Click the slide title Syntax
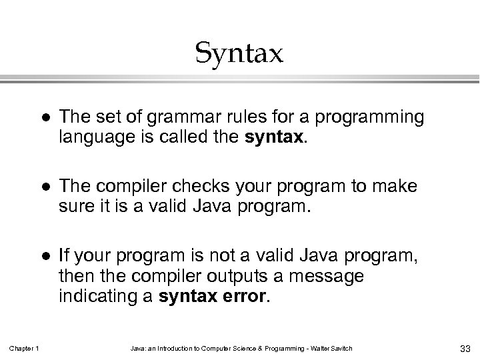click(239, 53)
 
